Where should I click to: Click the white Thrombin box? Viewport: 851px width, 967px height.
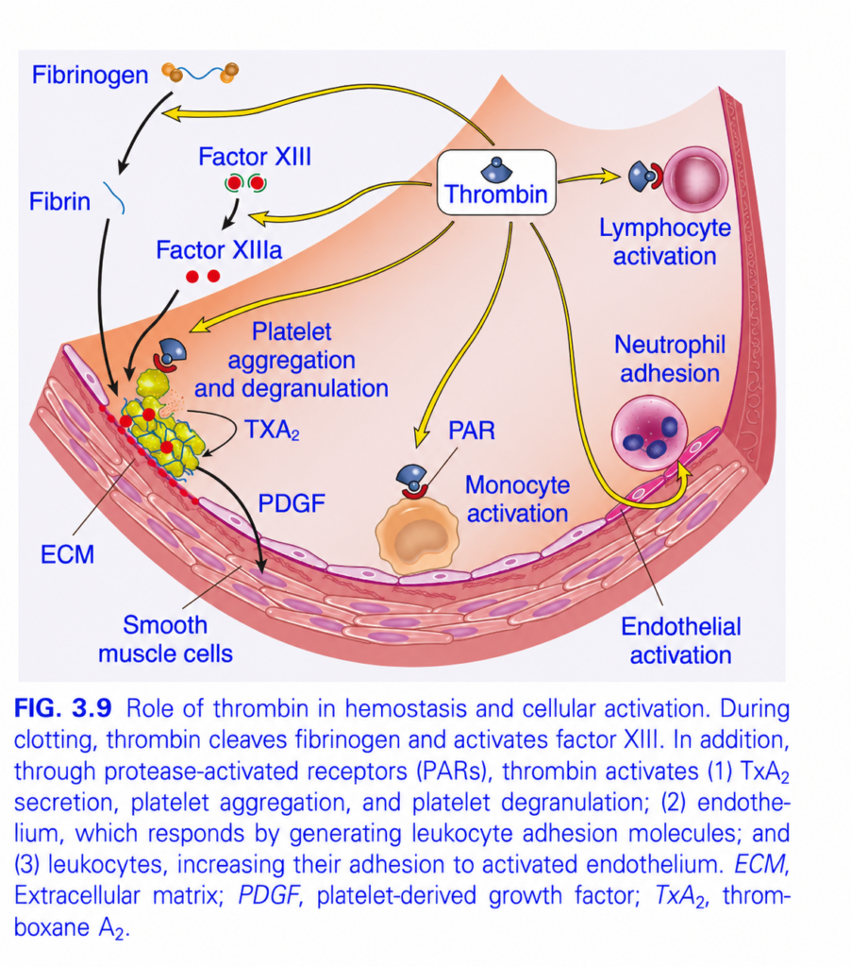click(x=496, y=182)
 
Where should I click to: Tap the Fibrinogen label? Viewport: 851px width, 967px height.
click(x=90, y=76)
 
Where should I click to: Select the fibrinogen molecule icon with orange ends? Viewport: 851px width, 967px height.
click(x=200, y=73)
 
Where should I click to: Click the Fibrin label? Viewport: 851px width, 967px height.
click(x=59, y=202)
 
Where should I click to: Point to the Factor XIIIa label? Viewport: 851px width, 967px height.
click(x=219, y=249)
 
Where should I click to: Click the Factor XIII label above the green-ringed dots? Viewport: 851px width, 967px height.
click(x=255, y=157)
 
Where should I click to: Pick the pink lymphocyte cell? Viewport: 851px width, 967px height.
click(x=695, y=179)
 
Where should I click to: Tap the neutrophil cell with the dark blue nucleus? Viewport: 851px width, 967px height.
click(x=649, y=433)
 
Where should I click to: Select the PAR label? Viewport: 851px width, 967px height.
click(x=472, y=431)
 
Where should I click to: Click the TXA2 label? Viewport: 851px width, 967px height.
click(x=272, y=430)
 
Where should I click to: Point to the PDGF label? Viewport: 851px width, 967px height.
click(x=292, y=503)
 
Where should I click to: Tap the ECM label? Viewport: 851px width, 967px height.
click(x=67, y=554)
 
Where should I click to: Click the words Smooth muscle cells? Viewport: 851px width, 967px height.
click(x=165, y=639)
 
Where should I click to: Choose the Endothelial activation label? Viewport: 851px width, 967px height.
click(x=681, y=641)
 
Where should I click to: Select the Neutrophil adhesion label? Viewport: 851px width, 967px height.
click(x=670, y=359)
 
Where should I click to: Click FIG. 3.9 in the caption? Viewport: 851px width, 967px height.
click(x=63, y=708)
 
